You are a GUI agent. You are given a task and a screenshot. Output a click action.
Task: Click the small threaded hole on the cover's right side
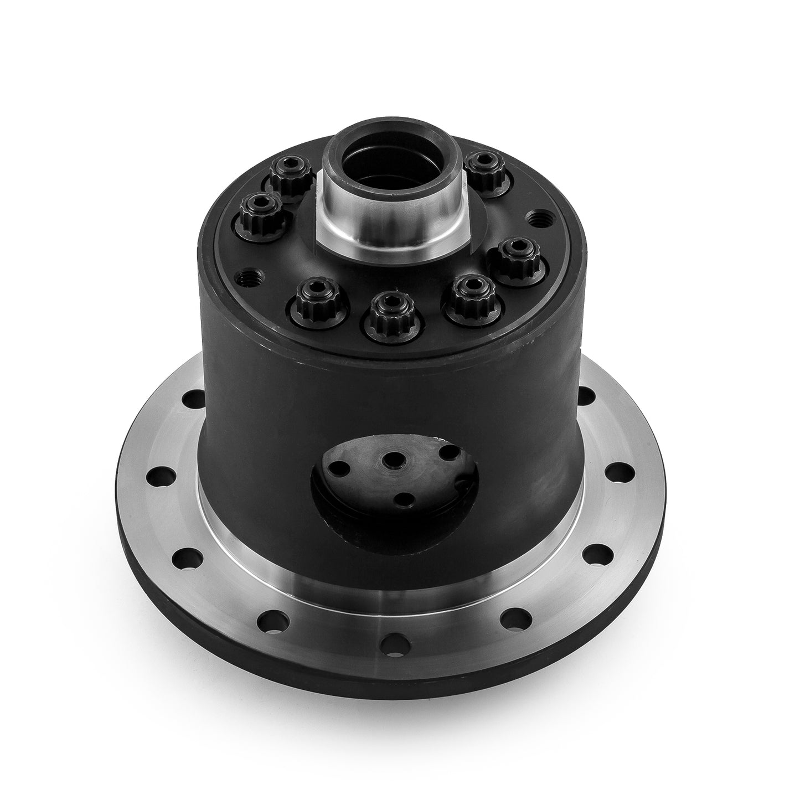pos(535,217)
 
